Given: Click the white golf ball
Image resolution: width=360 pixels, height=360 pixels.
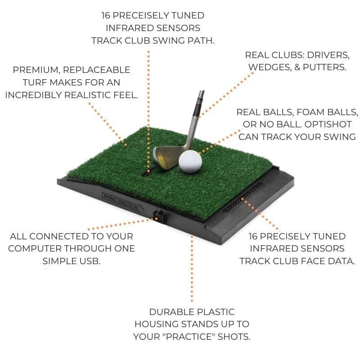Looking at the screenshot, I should [190, 161].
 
